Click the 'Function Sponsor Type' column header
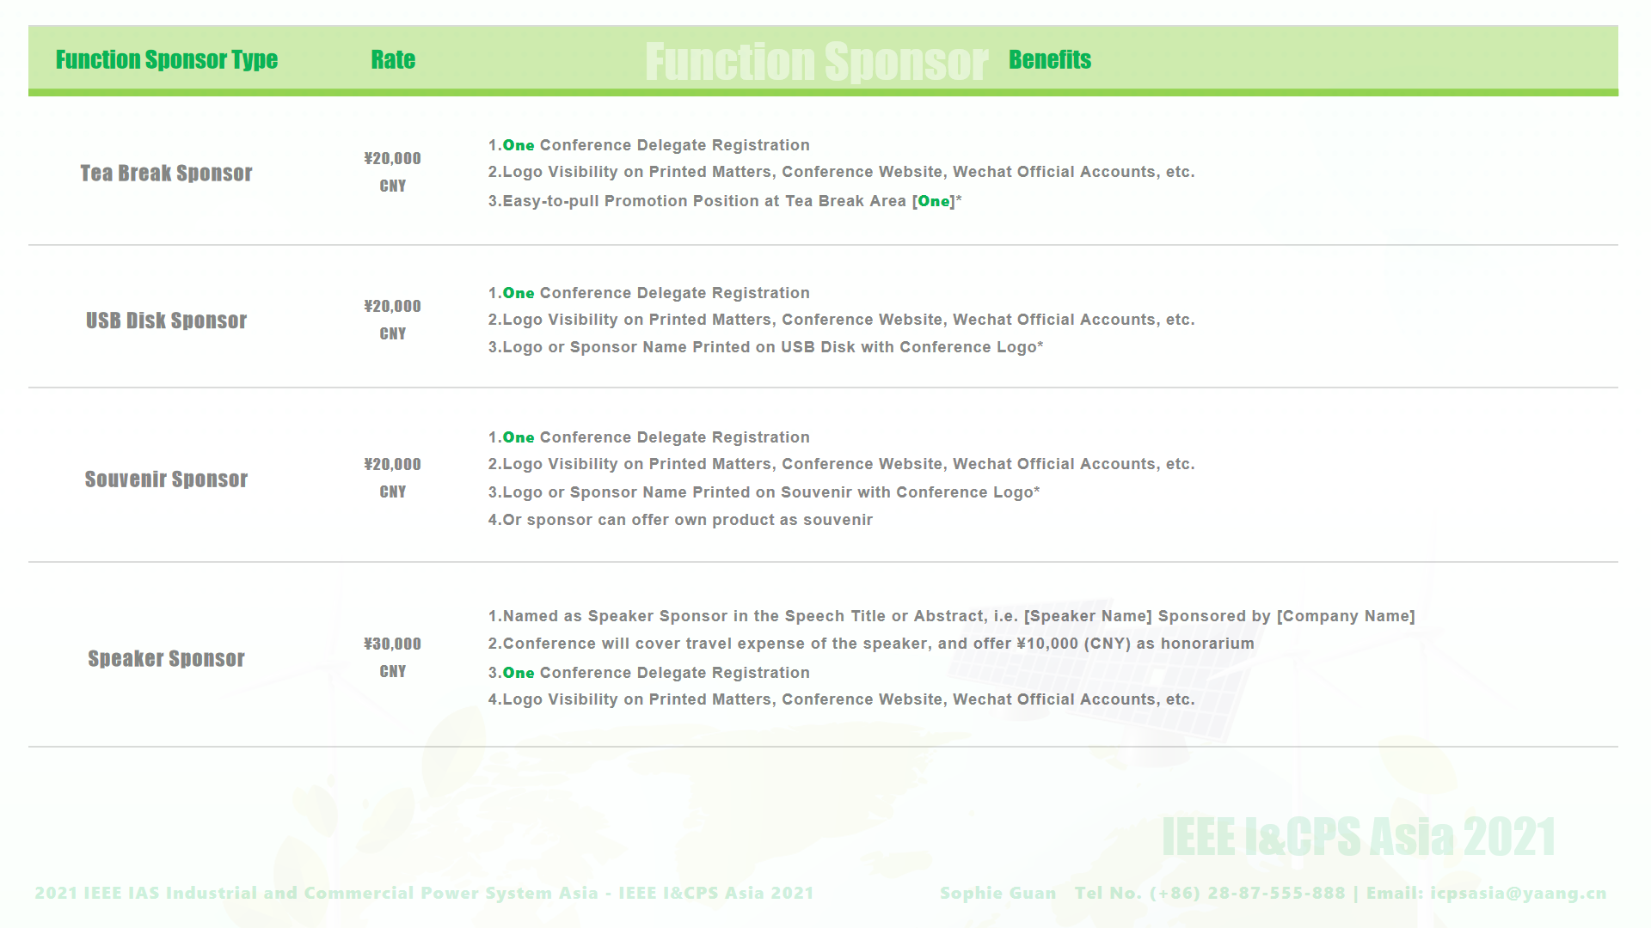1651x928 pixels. [x=167, y=59]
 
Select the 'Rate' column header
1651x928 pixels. [x=393, y=59]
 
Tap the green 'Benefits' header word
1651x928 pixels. [x=1050, y=59]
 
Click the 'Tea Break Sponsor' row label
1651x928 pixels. [x=166, y=173]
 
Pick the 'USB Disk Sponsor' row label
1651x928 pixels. [x=166, y=321]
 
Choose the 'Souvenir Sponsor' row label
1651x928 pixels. [x=166, y=479]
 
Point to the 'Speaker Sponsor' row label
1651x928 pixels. [x=166, y=658]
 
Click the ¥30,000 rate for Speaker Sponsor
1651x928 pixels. [x=392, y=644]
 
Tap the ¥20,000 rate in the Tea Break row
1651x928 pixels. [x=392, y=158]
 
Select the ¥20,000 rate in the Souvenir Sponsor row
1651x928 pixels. [x=392, y=464]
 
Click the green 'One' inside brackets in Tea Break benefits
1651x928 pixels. [x=934, y=201]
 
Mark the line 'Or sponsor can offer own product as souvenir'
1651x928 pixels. [x=680, y=520]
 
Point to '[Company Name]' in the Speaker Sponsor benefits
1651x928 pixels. [x=1346, y=616]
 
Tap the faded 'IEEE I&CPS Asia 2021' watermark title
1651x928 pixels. [x=1359, y=837]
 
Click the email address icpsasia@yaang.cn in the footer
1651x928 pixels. [x=1519, y=893]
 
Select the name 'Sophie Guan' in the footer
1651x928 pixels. [x=998, y=893]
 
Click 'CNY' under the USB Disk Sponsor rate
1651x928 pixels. [x=392, y=333]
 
